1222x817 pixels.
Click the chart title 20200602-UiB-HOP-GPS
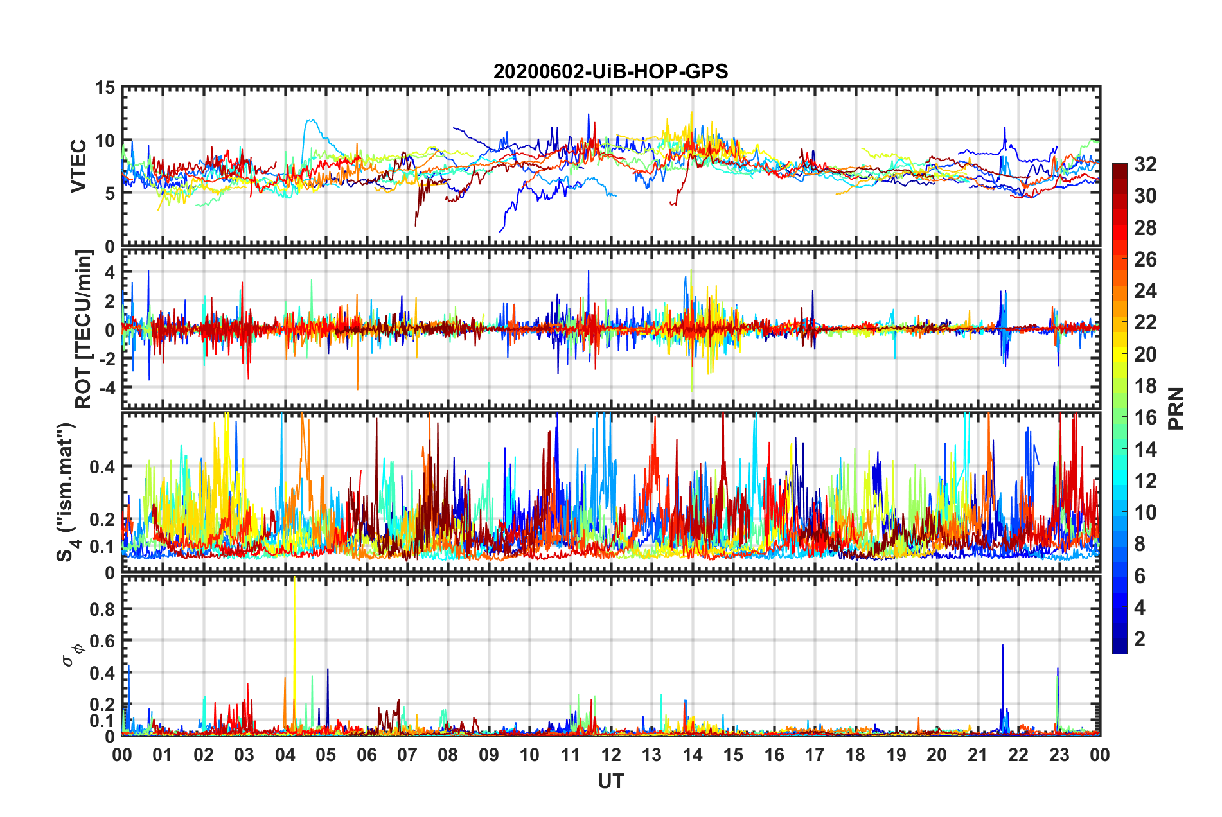click(x=610, y=71)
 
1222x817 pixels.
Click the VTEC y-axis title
click(x=78, y=166)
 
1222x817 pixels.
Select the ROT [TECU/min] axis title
click(x=84, y=329)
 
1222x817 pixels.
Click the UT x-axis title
click(x=610, y=781)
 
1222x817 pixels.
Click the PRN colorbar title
click(x=1176, y=409)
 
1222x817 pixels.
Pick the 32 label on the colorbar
click(x=1145, y=164)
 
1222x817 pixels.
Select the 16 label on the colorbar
click(x=1145, y=417)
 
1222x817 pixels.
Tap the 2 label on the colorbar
click(x=1140, y=638)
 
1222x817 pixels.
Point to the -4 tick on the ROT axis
click(x=107, y=388)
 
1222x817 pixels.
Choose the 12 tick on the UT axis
click(x=610, y=755)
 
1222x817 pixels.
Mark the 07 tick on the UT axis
click(x=407, y=755)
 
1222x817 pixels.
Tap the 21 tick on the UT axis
click(x=977, y=755)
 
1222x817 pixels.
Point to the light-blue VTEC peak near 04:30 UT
click(x=311, y=120)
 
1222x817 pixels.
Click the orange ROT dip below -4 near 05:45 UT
click(x=357, y=387)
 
